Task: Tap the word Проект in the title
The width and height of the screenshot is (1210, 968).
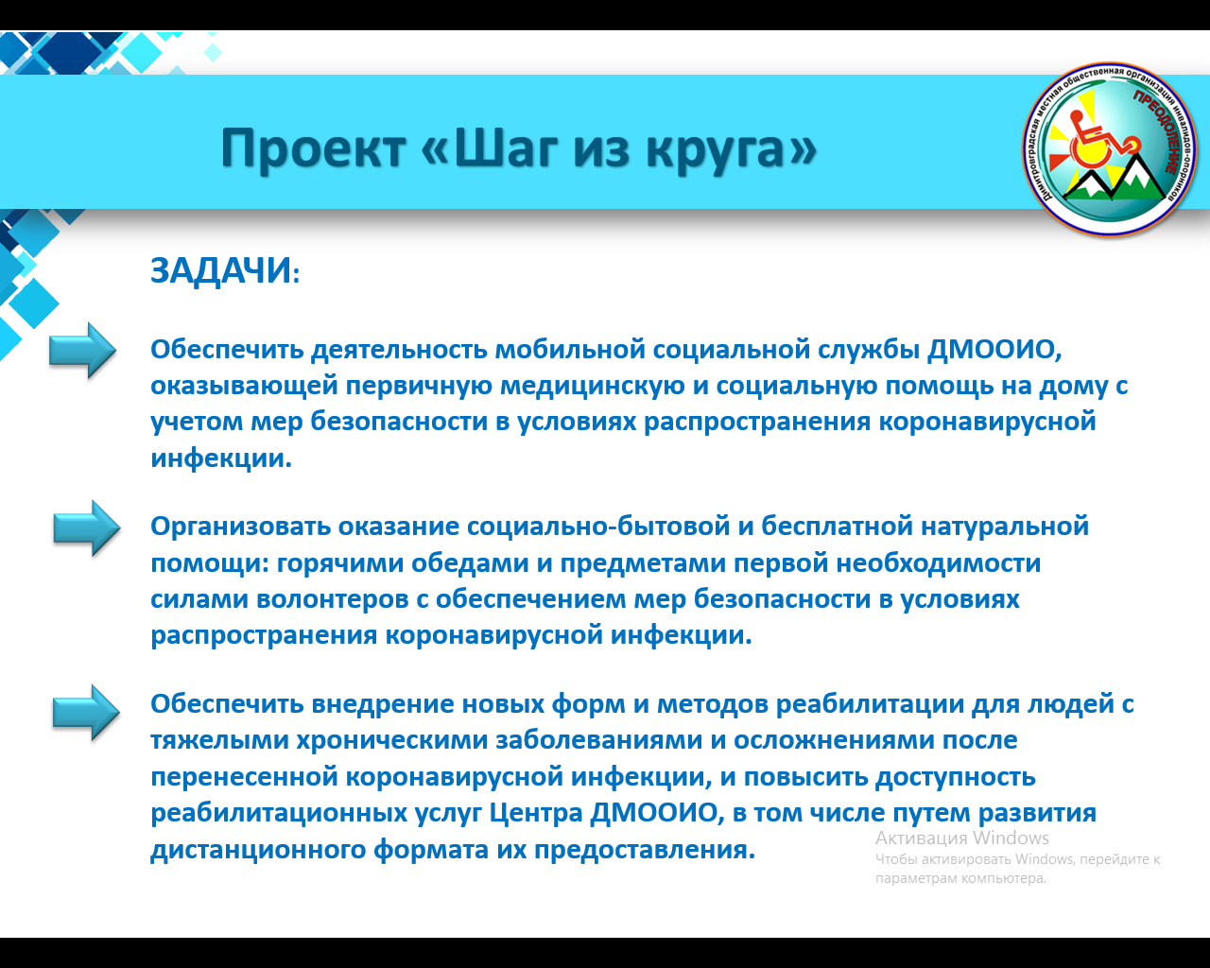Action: (313, 148)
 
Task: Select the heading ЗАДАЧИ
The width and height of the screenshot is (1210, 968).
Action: (225, 271)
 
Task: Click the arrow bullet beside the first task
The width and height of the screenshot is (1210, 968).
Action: (82, 351)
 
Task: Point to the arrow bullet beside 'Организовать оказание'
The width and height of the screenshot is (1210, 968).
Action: (87, 528)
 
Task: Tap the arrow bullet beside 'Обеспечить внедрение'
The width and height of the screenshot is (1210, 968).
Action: (86, 713)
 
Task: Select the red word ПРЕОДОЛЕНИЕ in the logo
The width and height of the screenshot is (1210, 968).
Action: (1155, 131)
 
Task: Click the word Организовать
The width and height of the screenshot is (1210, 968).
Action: (240, 527)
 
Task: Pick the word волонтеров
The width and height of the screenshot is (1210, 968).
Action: (333, 599)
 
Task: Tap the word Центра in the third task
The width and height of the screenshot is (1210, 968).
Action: (535, 813)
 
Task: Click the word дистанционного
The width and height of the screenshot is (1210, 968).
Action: (258, 849)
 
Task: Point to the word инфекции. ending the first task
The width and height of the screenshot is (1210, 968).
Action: (221, 458)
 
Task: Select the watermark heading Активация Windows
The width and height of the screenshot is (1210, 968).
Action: (962, 838)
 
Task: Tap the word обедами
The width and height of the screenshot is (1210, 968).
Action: (470, 562)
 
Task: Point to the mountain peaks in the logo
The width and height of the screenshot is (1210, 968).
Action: (1115, 179)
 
